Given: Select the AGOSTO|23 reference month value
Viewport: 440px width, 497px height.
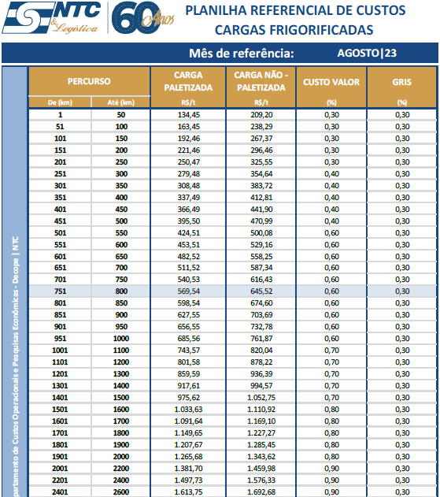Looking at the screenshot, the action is [x=366, y=54].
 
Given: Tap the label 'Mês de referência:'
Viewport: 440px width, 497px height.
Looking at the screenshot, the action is [x=242, y=54].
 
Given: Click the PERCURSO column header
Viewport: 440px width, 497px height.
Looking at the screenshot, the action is [x=89, y=81].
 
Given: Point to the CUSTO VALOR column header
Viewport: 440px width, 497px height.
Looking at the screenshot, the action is [x=332, y=81].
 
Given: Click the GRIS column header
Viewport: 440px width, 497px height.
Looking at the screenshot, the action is [x=402, y=81].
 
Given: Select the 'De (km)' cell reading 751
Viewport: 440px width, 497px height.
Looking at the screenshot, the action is [x=60, y=291].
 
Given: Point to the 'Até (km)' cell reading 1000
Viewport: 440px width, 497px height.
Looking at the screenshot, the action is [x=120, y=339].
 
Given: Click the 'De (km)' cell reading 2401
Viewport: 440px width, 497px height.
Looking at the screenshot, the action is [x=60, y=491].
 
